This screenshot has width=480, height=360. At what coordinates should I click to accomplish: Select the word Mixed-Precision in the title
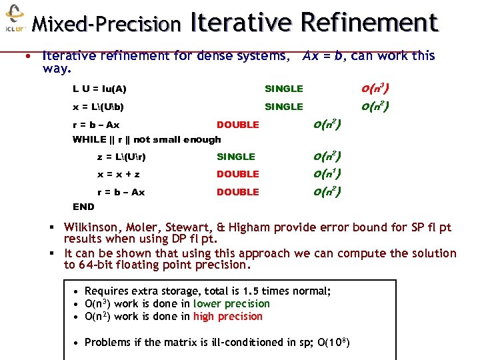[x=107, y=25]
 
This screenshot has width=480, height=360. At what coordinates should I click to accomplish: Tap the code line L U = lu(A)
[x=99, y=89]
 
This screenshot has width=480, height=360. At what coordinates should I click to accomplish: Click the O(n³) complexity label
[x=375, y=88]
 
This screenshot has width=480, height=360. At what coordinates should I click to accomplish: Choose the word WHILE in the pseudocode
[x=89, y=139]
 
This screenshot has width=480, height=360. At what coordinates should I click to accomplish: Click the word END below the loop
[x=83, y=207]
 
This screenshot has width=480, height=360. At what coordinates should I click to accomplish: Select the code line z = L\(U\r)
[x=121, y=157]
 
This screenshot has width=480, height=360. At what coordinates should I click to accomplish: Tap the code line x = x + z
[x=119, y=174]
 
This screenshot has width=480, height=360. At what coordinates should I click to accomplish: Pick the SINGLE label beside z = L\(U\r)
[x=236, y=157]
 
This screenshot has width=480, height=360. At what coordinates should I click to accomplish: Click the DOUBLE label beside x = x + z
[x=238, y=174]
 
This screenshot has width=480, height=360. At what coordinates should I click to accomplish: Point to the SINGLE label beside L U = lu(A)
[x=284, y=89]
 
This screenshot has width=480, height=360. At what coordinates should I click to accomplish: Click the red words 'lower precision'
[x=231, y=303]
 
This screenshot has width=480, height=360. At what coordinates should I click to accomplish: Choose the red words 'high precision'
[x=227, y=316]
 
